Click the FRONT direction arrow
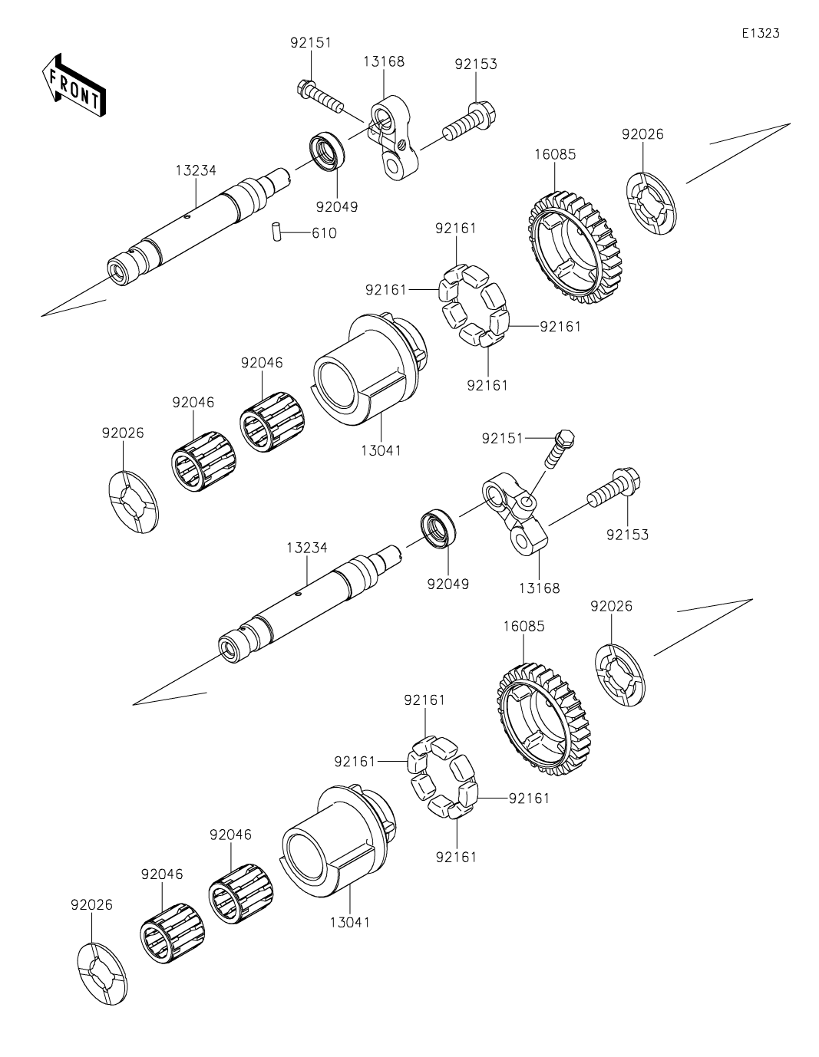pos(73,85)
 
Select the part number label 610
pos(324,232)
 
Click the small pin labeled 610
pos(275,232)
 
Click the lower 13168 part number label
pos(539,588)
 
